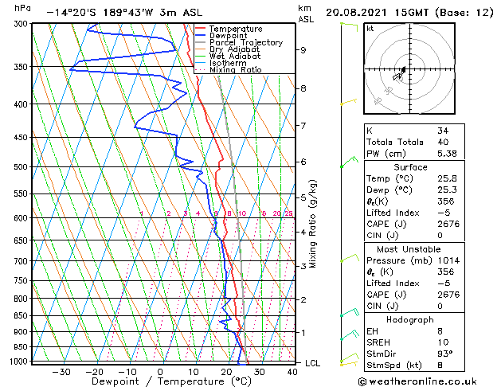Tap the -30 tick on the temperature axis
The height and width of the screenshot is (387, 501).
61,371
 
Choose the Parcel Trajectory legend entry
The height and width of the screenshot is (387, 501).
245,43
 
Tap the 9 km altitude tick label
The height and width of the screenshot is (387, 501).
303,49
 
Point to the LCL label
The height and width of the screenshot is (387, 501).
314,363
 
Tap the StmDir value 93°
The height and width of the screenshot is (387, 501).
445,354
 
